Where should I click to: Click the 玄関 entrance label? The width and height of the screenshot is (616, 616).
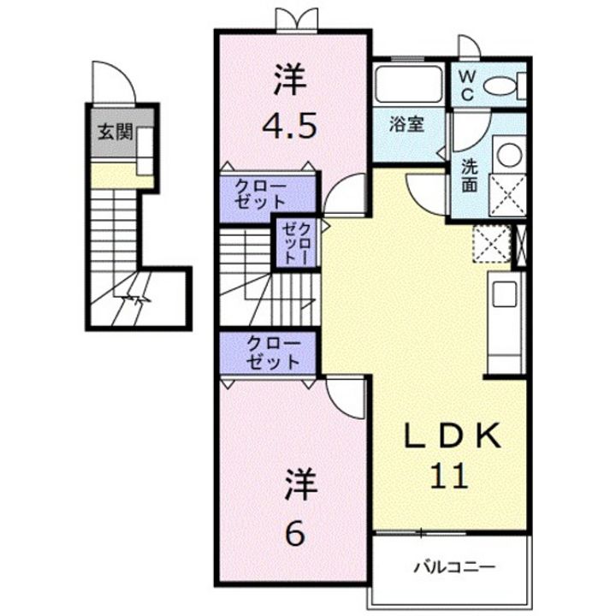click(x=115, y=132)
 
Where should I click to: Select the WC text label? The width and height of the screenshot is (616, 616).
click(x=467, y=86)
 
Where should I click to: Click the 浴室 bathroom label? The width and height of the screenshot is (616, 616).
click(x=406, y=125)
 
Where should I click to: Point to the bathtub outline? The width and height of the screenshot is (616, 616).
click(x=409, y=84)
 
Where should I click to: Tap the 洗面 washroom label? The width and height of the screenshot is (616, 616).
click(x=469, y=175)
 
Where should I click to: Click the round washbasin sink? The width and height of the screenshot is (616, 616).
click(x=509, y=154)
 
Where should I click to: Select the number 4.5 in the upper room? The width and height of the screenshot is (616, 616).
click(x=289, y=126)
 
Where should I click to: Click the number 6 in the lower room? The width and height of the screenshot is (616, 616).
click(x=295, y=533)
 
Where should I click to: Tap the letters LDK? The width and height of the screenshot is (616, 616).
click(x=453, y=435)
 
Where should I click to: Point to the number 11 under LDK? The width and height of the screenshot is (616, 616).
click(x=450, y=476)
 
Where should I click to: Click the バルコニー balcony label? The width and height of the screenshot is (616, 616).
click(x=454, y=567)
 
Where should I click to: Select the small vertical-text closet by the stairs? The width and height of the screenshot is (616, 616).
click(x=298, y=243)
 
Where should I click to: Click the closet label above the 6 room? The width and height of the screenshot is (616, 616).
click(x=274, y=352)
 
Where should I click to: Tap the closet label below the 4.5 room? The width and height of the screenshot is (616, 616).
click(x=260, y=194)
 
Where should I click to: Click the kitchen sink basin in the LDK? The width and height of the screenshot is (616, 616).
click(x=505, y=294)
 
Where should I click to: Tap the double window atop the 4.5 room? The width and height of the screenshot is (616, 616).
click(x=297, y=19)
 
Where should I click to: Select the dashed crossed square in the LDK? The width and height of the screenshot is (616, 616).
click(x=492, y=243)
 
